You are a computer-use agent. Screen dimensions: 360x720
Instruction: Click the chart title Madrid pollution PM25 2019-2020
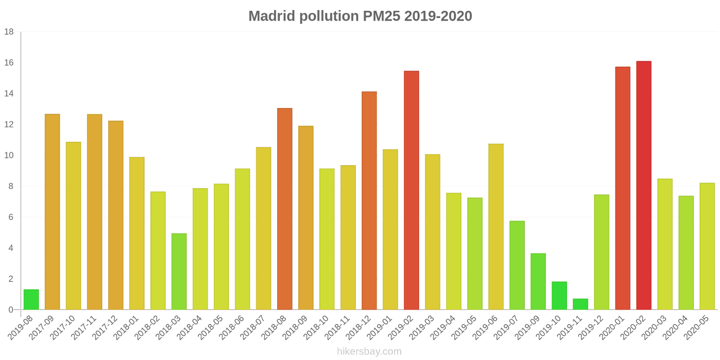(x=360, y=16)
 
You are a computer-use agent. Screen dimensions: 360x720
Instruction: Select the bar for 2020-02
(x=643, y=185)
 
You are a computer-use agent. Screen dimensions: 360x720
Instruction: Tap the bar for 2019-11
(x=580, y=304)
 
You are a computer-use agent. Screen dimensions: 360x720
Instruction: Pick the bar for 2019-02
(x=411, y=190)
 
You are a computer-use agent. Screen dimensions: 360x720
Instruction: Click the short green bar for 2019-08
(x=31, y=300)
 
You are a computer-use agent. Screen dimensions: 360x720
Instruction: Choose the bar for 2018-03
(x=179, y=271)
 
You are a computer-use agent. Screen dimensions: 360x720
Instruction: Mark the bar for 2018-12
(x=369, y=201)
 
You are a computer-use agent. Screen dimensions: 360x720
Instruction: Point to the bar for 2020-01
(x=622, y=188)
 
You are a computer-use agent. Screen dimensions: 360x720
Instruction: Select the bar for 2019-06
(x=496, y=227)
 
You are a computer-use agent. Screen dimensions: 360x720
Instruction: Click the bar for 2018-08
(x=285, y=209)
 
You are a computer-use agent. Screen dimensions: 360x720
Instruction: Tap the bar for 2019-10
(x=559, y=296)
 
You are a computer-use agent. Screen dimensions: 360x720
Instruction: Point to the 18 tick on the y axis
(x=9, y=32)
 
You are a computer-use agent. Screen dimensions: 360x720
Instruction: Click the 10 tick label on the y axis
(x=9, y=156)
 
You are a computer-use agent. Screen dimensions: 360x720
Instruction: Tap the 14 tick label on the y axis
(x=9, y=94)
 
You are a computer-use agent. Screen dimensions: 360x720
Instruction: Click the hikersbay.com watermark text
(x=369, y=351)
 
